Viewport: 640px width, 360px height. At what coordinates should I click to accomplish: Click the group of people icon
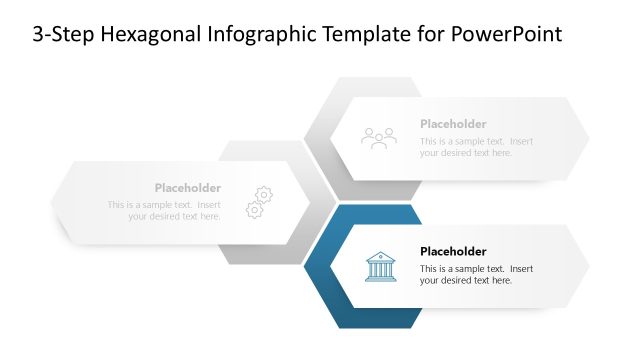click(379, 138)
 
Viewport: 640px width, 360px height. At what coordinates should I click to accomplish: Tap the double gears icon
click(259, 202)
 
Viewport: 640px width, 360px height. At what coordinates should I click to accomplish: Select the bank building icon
click(379, 266)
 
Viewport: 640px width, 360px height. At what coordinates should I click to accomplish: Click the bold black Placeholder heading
click(453, 251)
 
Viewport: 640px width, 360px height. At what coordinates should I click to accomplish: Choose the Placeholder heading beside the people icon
click(453, 124)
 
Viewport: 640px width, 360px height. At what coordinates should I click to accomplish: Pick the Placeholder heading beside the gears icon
click(187, 188)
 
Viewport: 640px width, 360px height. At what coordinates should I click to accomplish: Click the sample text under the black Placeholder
click(476, 275)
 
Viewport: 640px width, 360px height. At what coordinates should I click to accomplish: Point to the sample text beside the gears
click(165, 211)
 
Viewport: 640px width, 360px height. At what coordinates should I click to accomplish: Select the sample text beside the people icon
click(476, 147)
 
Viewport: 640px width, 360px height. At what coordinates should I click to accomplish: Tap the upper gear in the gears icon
click(264, 194)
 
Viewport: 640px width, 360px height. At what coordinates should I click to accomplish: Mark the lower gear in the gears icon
click(254, 210)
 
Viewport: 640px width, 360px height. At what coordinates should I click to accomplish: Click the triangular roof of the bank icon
click(379, 257)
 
